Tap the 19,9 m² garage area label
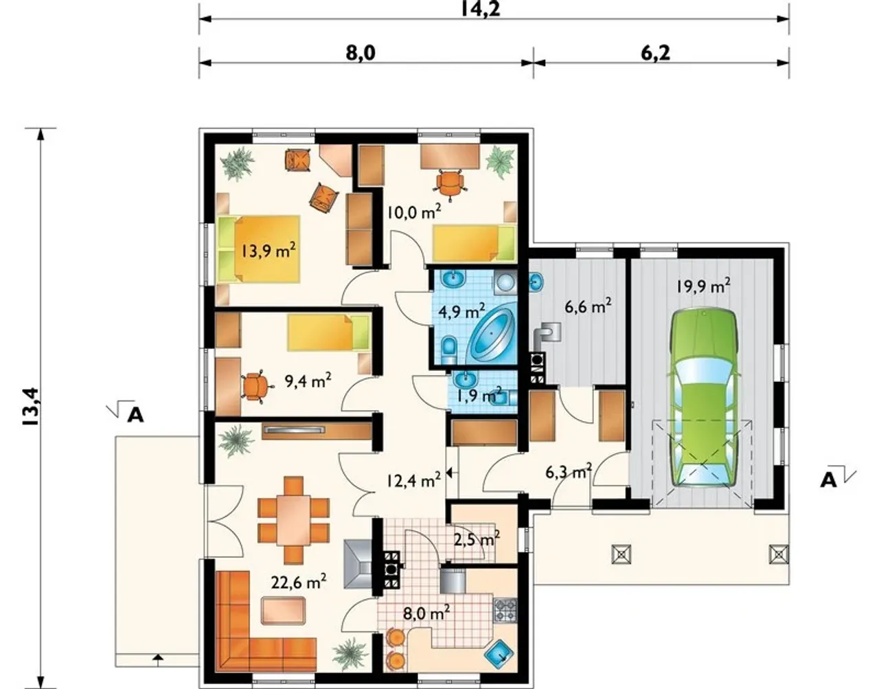703,286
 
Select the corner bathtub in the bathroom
492,334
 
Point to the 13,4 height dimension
31,406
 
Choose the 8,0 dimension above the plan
361,53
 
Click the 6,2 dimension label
656,53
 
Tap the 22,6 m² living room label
299,583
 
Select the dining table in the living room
294,520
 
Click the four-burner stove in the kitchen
505,611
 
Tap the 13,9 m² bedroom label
269,251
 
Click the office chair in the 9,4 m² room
255,387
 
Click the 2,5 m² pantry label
477,539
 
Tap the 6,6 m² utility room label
588,307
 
